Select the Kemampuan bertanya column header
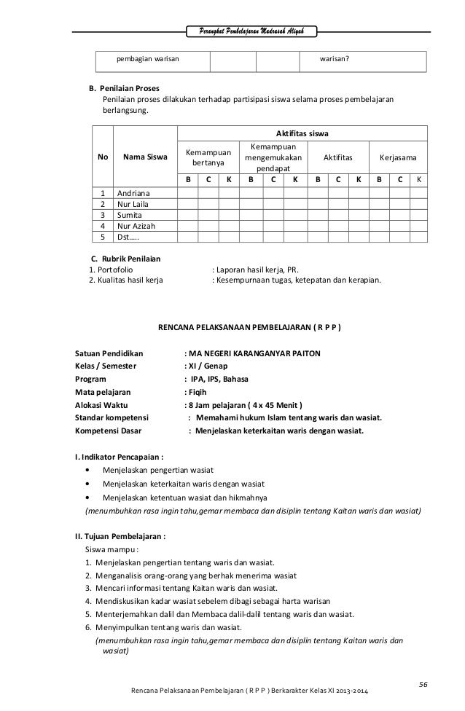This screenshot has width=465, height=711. coord(207,157)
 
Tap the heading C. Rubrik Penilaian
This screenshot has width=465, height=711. coord(125,259)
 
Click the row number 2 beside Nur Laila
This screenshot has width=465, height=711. coord(103,205)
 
